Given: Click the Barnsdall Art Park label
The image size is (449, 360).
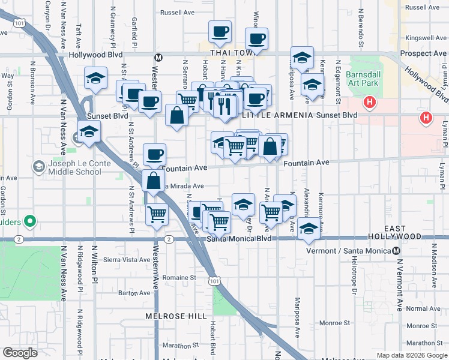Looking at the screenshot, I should tap(360, 80).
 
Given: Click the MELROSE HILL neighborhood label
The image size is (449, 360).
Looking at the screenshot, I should tap(167, 316).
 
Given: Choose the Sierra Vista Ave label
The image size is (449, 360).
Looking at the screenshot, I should tap(127, 260).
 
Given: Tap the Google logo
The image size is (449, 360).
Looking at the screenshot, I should tap(20, 353).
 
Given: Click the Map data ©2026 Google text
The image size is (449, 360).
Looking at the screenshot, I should tap(411, 355).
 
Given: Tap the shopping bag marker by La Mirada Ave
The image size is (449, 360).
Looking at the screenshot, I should tap(154, 179).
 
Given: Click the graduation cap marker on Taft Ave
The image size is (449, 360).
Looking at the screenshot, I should tap(95, 78).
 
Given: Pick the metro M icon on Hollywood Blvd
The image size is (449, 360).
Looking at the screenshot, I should tap(158, 58).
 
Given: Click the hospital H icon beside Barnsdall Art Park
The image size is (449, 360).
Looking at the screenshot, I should tap(370, 102).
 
